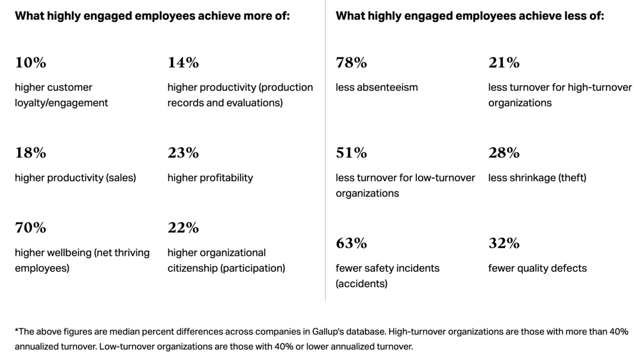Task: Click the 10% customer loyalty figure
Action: pyautogui.click(x=31, y=63)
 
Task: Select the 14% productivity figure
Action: pyautogui.click(x=183, y=63)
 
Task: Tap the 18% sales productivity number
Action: pyautogui.click(x=31, y=153)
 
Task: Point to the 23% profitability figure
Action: pyautogui.click(x=183, y=153)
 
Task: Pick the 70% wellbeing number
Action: pyautogui.click(x=31, y=228)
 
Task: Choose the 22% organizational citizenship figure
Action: pyautogui.click(x=183, y=228)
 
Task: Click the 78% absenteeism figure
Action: pyautogui.click(x=351, y=63)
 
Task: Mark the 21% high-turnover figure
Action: pyautogui.click(x=504, y=63)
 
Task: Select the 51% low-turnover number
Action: pyautogui.click(x=351, y=153)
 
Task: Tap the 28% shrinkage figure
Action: pyautogui.click(x=504, y=153)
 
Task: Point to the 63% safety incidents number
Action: pyautogui.click(x=351, y=244)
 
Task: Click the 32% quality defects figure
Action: pyautogui.click(x=504, y=244)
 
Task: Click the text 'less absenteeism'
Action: pyautogui.click(x=377, y=87)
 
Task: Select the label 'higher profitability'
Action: pyautogui.click(x=210, y=178)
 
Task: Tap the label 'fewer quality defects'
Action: pyautogui.click(x=537, y=268)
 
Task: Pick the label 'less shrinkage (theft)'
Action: pyautogui.click(x=537, y=178)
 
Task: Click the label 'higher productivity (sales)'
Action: pyautogui.click(x=76, y=178)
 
